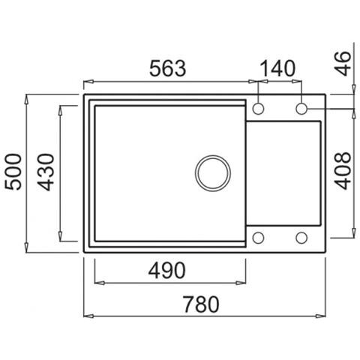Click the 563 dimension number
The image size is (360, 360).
[x=168, y=68]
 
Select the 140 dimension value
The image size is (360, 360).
[x=277, y=68]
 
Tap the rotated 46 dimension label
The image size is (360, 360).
[x=343, y=64]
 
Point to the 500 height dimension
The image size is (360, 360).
[x=13, y=172]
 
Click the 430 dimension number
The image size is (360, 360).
[x=46, y=172]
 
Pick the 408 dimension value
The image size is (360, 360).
[x=343, y=171]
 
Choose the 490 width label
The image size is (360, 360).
[x=167, y=271]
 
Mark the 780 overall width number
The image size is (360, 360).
[x=201, y=304]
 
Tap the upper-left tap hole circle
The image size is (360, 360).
[x=258, y=109]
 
